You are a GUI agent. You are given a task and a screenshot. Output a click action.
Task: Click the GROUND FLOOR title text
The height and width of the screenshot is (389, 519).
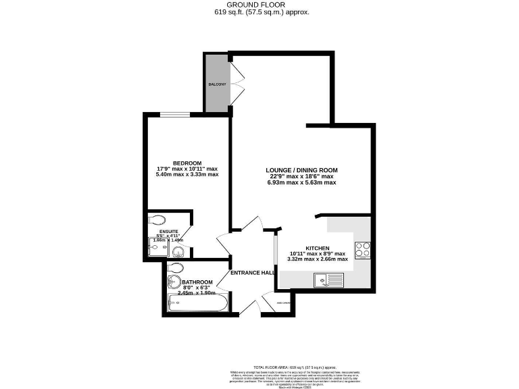[x=259, y=4]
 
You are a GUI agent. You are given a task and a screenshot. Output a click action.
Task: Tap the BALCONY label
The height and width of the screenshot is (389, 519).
[x=217, y=85]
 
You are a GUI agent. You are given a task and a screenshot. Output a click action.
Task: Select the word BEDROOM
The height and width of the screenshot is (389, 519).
[x=187, y=163]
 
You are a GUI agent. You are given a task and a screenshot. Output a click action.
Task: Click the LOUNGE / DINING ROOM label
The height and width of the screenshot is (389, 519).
[x=301, y=170]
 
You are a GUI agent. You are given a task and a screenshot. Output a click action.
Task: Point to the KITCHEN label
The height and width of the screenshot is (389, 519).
[x=316, y=247]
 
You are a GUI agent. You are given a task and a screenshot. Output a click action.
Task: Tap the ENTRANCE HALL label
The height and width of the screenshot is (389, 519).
[x=252, y=273]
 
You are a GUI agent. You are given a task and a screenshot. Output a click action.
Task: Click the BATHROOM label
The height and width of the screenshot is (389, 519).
[x=197, y=282]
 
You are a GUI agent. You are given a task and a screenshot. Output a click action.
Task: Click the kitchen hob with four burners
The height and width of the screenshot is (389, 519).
[x=362, y=250]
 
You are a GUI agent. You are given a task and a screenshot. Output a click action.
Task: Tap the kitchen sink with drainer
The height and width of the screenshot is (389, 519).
[x=330, y=279]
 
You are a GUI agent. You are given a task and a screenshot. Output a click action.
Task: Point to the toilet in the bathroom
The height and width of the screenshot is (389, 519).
[x=175, y=269]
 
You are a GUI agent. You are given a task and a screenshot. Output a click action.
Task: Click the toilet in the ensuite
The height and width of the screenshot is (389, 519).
[x=157, y=219]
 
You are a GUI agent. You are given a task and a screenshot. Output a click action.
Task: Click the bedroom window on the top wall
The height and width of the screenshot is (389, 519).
[x=178, y=115]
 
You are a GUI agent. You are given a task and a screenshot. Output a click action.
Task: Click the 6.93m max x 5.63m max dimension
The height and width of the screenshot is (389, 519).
[x=301, y=183]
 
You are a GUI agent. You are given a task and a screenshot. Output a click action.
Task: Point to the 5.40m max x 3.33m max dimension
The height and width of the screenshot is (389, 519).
[x=187, y=175]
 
